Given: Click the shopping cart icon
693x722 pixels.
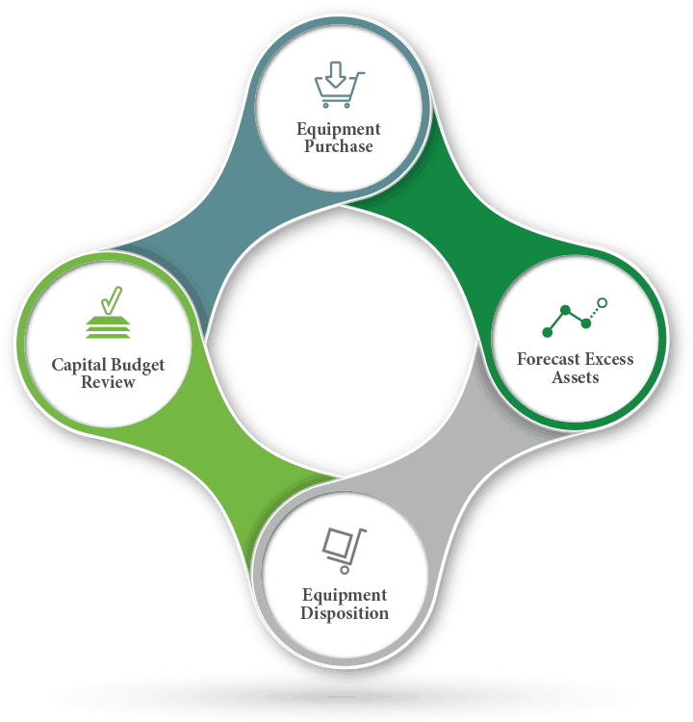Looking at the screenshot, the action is (x=340, y=85).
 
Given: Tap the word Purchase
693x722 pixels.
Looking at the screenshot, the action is (x=339, y=146).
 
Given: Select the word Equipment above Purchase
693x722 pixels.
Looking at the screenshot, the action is (x=339, y=129).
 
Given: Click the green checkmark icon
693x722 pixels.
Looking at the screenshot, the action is (x=112, y=300).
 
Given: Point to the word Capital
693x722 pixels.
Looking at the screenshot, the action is (x=78, y=365).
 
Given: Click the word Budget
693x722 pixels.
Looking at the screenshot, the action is (x=137, y=365).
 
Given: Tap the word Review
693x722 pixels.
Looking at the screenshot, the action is (x=108, y=382).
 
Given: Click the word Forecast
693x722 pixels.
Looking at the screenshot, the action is (x=549, y=359).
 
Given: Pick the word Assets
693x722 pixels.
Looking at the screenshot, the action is (x=576, y=377).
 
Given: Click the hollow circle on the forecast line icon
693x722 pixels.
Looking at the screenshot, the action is (x=602, y=303).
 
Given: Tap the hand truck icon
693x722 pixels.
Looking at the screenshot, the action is (x=344, y=551).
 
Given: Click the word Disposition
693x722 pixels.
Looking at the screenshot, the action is (x=345, y=613).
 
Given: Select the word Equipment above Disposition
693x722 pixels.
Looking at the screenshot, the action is (x=345, y=595).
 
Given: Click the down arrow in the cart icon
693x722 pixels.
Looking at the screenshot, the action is (x=336, y=74).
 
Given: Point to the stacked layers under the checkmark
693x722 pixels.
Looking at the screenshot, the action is (x=108, y=327).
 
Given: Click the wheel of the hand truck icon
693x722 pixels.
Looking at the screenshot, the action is (x=345, y=570).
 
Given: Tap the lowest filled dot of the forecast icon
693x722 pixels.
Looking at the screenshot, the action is (x=547, y=332).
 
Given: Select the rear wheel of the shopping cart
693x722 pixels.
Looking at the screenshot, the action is (x=325, y=106).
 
